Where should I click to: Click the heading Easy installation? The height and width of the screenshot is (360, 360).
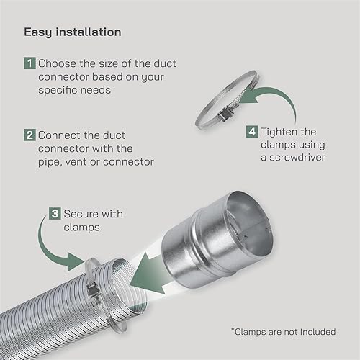pos(73,32)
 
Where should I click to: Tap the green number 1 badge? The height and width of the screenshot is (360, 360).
pos(30,63)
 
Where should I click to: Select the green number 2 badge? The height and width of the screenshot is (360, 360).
pos(30,135)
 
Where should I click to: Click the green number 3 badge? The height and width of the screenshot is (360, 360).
pos(55,213)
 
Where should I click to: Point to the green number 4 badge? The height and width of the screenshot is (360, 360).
pos(252,132)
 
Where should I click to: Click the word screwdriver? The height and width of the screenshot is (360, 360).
pos(297,158)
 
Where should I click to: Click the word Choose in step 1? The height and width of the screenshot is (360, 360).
pos(58,63)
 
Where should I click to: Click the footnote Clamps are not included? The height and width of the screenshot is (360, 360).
pos(284,332)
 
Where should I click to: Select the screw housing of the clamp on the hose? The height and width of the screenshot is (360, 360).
pos(92,289)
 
